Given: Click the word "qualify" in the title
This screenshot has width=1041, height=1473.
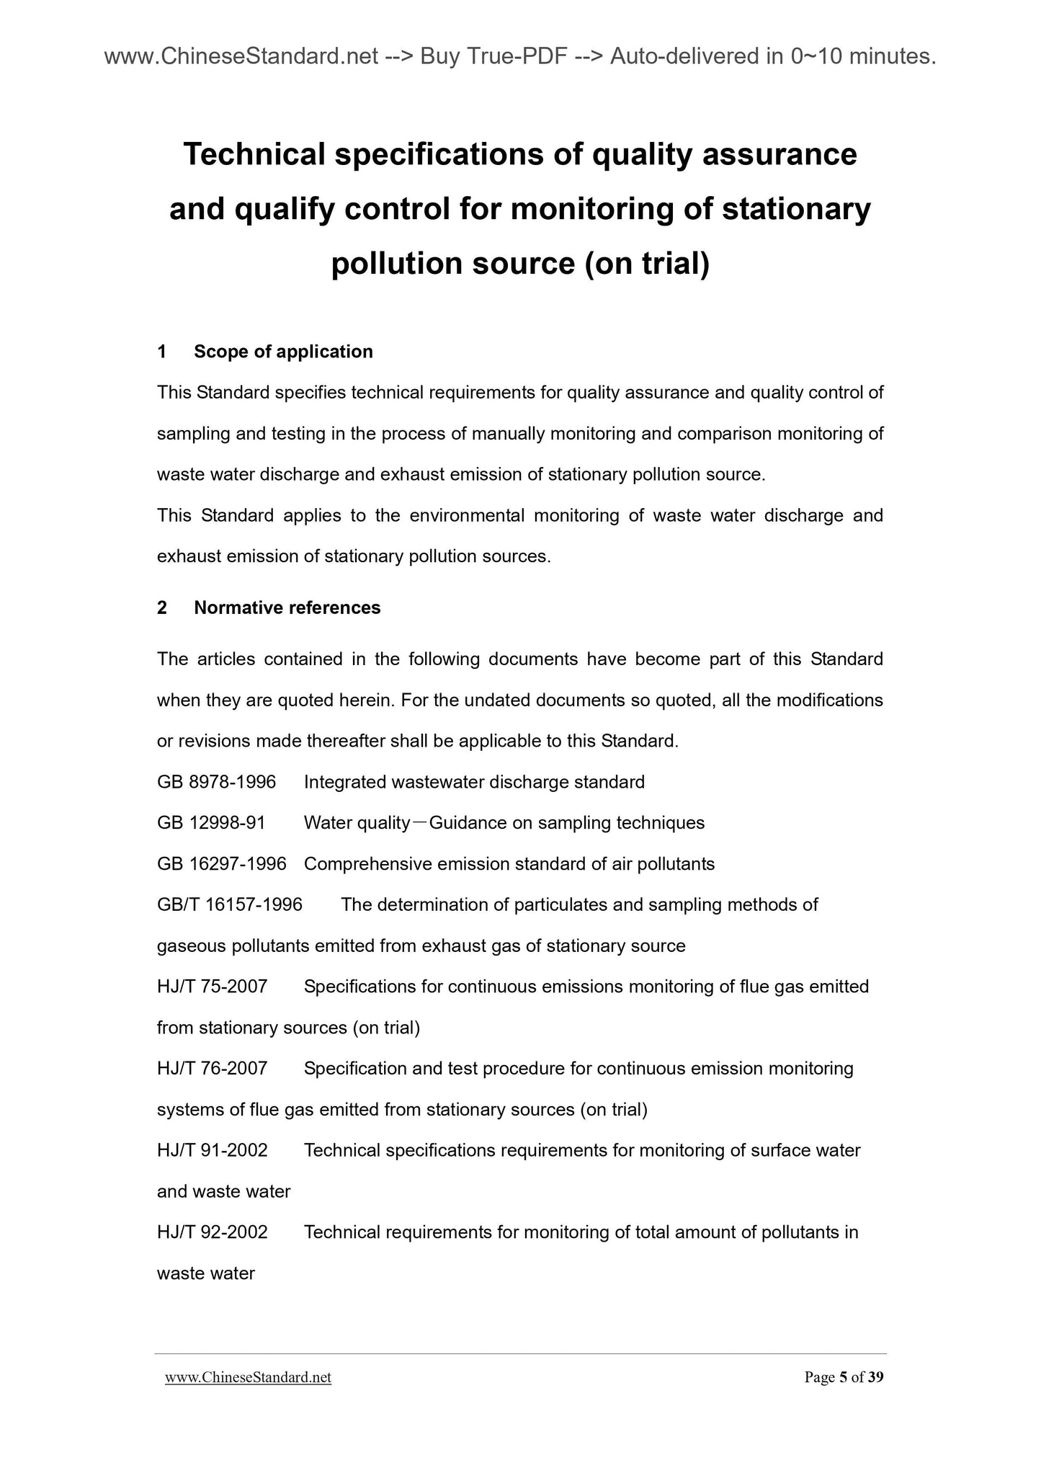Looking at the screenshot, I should pyautogui.click(x=285, y=209).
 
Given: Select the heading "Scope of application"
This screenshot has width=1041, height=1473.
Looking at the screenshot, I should pyautogui.click(x=283, y=352).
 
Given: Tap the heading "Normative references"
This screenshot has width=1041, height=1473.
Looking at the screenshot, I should pyautogui.click(x=287, y=608).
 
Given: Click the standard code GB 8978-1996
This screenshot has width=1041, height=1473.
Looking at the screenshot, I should pyautogui.click(x=216, y=782).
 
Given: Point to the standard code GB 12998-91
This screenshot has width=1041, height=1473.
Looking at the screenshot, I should pyautogui.click(x=211, y=823).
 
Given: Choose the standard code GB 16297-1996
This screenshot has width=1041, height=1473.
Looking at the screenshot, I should pyautogui.click(x=221, y=863).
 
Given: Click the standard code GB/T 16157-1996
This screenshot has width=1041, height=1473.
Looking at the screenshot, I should pyautogui.click(x=229, y=904).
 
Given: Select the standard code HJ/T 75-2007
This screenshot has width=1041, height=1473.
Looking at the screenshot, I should pyautogui.click(x=212, y=987).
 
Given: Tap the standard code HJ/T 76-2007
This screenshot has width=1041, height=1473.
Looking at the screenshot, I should pyautogui.click(x=212, y=1068).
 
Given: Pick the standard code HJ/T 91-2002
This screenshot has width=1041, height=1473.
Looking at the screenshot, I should pyautogui.click(x=212, y=1150).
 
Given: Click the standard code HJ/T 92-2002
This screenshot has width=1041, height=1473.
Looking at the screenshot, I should pyautogui.click(x=212, y=1232).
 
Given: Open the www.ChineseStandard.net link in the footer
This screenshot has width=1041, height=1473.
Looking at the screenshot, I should pyautogui.click(x=248, y=1378).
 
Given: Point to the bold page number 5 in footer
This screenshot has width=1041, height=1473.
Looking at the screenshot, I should pyautogui.click(x=843, y=1378).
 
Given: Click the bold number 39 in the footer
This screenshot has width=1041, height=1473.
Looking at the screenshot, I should pyautogui.click(x=875, y=1378).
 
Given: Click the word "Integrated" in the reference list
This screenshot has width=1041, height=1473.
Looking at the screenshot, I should pyautogui.click(x=344, y=782).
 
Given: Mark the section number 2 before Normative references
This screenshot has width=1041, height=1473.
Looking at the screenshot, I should pyautogui.click(x=162, y=608).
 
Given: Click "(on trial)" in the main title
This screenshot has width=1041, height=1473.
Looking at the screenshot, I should pyautogui.click(x=647, y=264).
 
